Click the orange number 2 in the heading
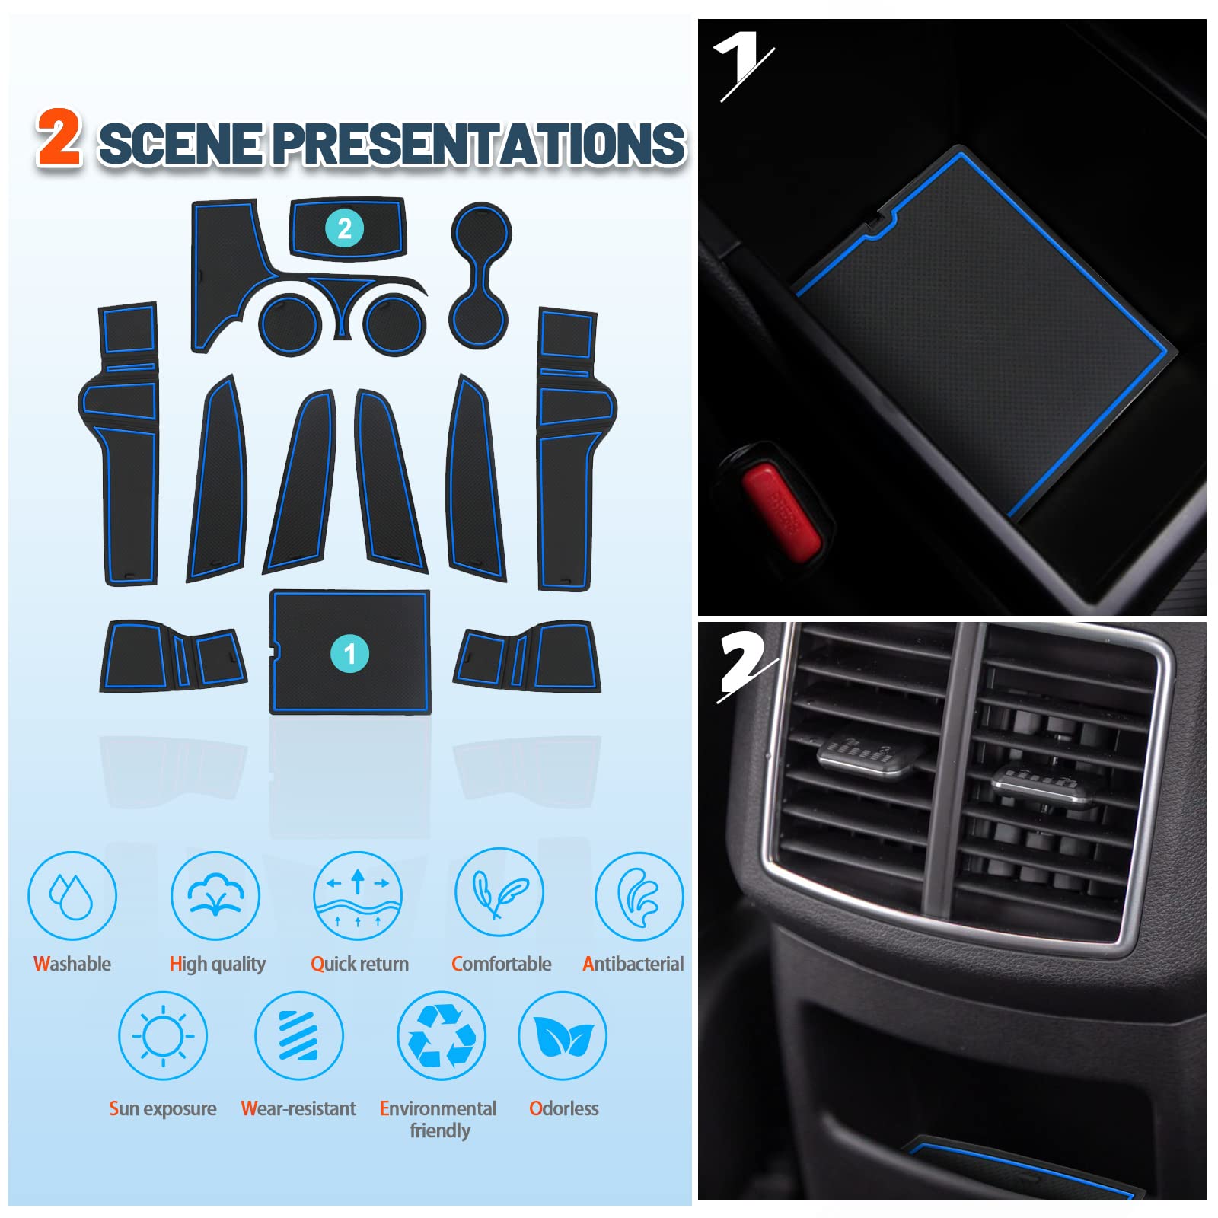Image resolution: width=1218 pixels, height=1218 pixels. [59, 137]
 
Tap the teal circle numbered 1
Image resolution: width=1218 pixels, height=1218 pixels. [349, 653]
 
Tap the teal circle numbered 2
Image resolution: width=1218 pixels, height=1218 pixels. [344, 228]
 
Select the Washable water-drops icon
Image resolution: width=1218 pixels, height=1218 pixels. [72, 895]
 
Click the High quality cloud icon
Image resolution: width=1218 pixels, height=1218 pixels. [215, 895]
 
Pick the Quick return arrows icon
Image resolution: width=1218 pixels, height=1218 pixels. [358, 895]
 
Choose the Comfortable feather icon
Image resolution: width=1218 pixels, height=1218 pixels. [499, 892]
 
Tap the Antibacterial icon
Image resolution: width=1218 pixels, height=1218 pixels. [639, 895]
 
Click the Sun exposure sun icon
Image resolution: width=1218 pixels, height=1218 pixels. [163, 1035]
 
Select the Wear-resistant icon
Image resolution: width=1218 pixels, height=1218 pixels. [299, 1035]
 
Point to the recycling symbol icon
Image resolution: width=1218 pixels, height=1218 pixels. [442, 1035]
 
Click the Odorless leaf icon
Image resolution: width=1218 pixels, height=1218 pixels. [563, 1035]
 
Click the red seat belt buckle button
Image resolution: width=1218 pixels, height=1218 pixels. [782, 512]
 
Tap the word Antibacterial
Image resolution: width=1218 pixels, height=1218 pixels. [633, 964]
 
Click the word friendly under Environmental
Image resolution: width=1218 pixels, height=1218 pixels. [440, 1130]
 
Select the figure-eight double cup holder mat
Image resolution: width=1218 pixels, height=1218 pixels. [480, 276]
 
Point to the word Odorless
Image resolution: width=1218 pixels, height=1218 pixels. [563, 1108]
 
